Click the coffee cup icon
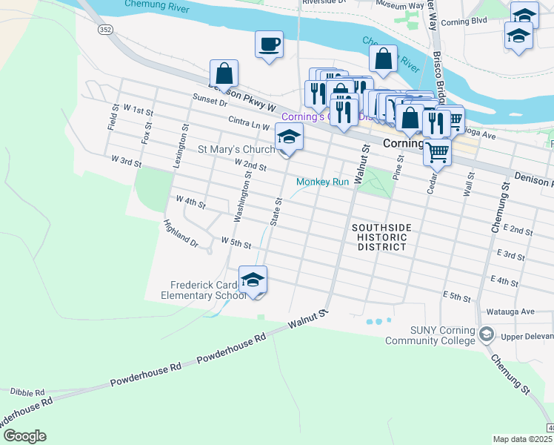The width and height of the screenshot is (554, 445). [x=269, y=44]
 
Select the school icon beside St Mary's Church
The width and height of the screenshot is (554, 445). [x=289, y=137]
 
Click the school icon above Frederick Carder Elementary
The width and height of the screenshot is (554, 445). [x=253, y=280]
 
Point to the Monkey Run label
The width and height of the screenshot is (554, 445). [x=322, y=182]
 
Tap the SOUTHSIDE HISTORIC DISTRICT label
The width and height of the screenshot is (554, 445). [x=379, y=237]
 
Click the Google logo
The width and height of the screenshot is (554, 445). [x=24, y=436]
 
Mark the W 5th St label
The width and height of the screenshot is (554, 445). [x=236, y=243]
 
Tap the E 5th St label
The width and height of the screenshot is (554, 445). [x=457, y=297]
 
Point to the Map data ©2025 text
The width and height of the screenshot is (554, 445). [x=522, y=439]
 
